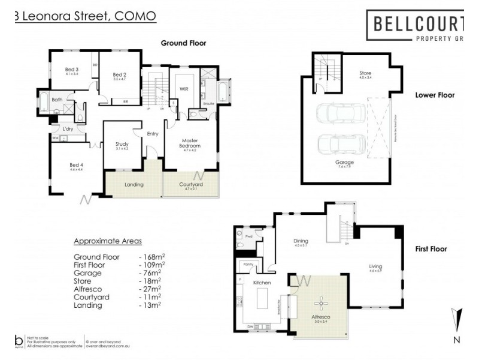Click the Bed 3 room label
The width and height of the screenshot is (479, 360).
point(72,69)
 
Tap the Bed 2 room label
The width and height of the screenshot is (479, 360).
point(120,74)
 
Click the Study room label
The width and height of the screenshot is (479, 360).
point(122,144)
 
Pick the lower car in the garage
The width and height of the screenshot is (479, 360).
point(334,144)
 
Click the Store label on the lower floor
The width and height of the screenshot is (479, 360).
point(365,74)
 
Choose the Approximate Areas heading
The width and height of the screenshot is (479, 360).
point(107,241)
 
